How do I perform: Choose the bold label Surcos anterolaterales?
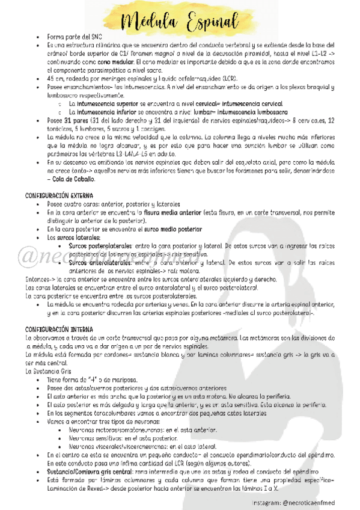coord(99,262)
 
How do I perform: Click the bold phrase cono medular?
coord(99,62)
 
